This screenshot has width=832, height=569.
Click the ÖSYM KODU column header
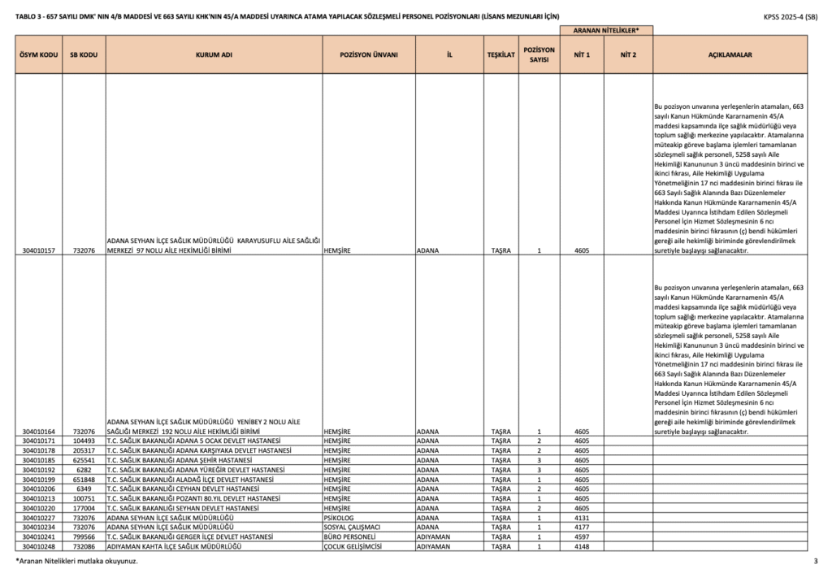(37, 55)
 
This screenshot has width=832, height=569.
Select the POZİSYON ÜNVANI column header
(368, 55)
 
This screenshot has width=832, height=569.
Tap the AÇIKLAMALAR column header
(730, 55)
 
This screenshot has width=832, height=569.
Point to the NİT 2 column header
(627, 55)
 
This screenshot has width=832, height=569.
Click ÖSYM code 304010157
(37, 250)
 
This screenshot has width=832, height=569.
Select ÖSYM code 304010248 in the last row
(37, 547)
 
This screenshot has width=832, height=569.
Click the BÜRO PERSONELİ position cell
(349, 537)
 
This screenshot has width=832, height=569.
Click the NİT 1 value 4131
(581, 518)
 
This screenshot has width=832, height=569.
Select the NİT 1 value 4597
(581, 537)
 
